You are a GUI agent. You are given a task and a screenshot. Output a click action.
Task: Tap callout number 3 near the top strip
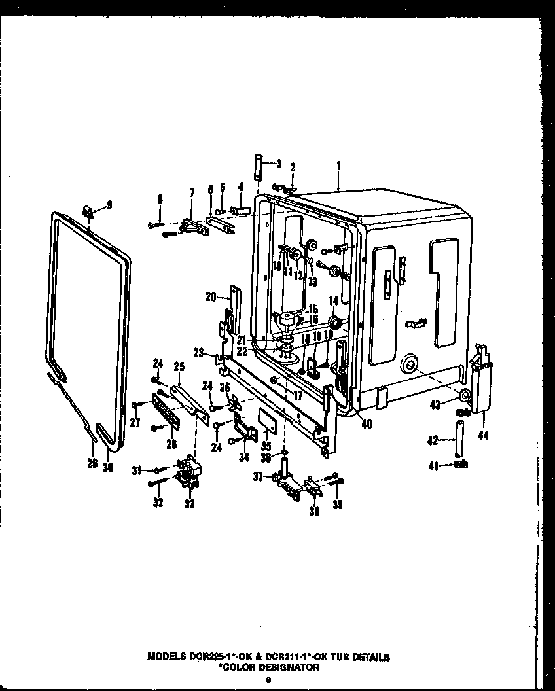click(279, 164)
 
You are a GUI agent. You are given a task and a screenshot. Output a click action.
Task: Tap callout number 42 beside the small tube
click(433, 440)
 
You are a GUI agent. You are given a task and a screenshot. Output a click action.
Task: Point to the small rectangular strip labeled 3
click(259, 167)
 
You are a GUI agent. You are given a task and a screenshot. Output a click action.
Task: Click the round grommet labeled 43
click(464, 396)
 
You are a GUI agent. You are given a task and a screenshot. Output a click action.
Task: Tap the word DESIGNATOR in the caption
click(288, 667)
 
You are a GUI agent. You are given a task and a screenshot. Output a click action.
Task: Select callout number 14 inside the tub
click(333, 300)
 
